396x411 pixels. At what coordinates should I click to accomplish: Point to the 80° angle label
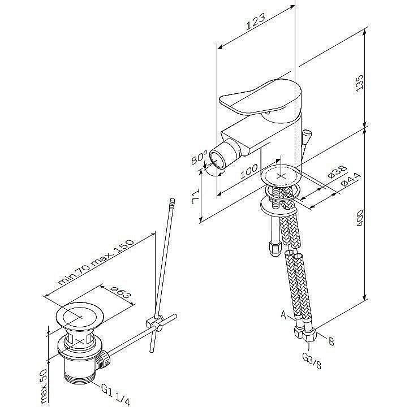click(198, 157)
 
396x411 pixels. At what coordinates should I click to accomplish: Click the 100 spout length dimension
click(249, 173)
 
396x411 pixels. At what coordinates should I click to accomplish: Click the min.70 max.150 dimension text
click(96, 264)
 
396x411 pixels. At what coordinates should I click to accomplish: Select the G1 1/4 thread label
click(116, 394)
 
